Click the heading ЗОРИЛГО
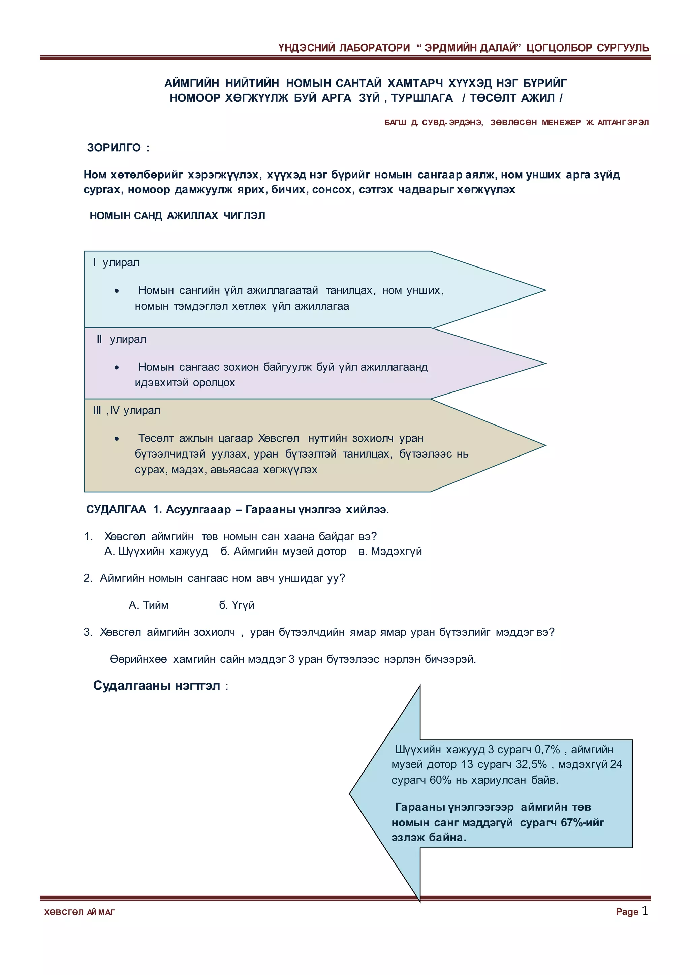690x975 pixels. (114, 148)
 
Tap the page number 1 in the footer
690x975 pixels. (645, 910)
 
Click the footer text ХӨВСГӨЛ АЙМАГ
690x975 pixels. (80, 912)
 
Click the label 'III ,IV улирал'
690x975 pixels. (127, 410)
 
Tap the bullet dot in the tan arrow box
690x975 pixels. (117, 439)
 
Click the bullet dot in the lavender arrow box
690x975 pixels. (117, 368)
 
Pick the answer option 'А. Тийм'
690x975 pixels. (148, 605)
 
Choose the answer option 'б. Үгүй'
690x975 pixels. (237, 605)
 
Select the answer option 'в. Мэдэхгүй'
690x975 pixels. (390, 551)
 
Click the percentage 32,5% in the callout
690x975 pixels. (531, 764)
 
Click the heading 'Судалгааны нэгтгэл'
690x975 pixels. (156, 686)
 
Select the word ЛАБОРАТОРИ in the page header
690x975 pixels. (374, 48)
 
